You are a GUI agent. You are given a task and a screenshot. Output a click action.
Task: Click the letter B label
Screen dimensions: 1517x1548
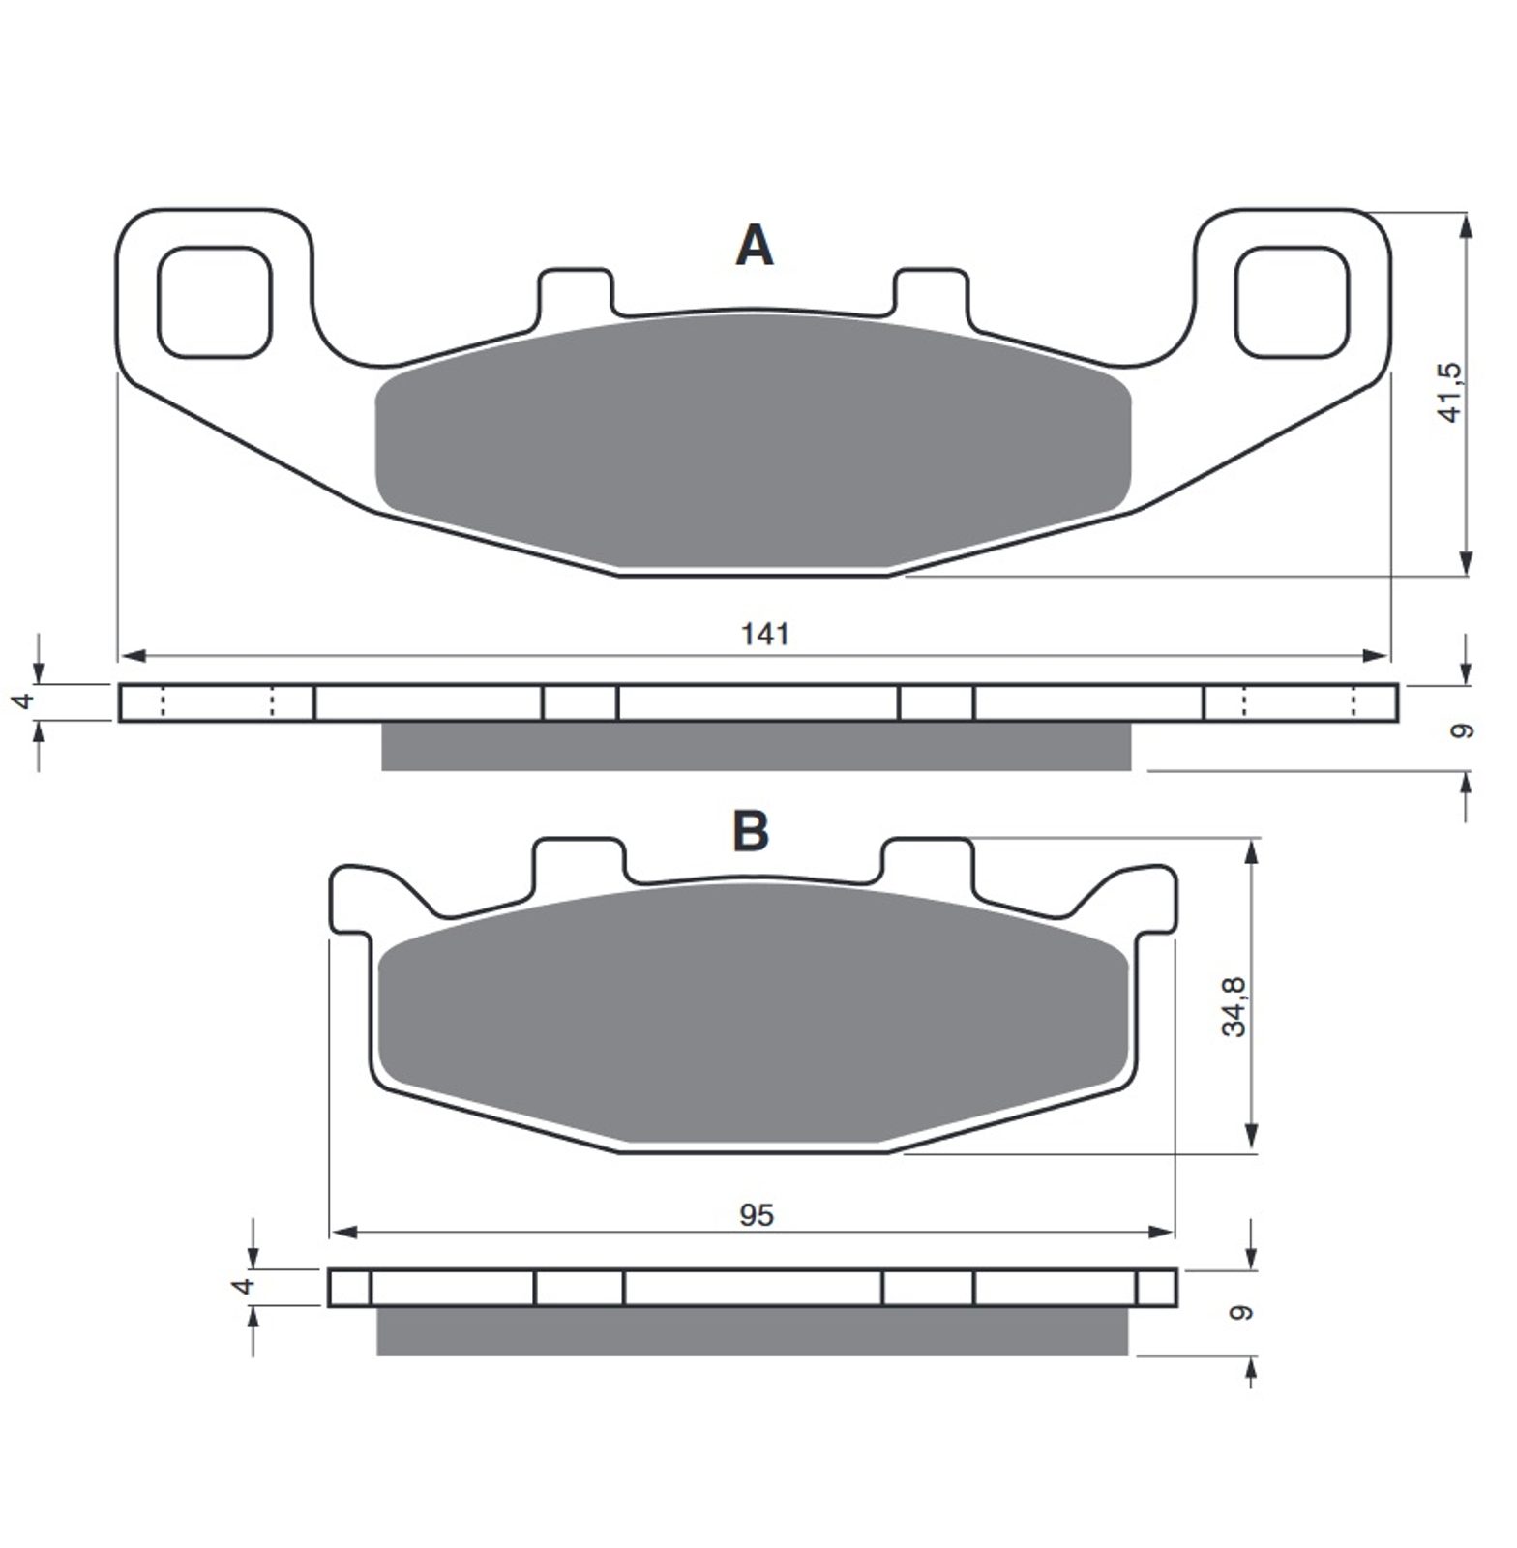coord(751,829)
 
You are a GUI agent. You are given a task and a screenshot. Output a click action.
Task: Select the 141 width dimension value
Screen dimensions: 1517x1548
coord(765,634)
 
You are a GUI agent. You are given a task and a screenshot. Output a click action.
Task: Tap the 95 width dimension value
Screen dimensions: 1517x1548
coord(757,1214)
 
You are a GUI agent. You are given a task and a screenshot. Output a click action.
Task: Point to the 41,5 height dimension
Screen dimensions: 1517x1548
coord(1452,392)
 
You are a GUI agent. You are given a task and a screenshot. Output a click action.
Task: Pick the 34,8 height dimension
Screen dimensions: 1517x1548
coord(1234,1006)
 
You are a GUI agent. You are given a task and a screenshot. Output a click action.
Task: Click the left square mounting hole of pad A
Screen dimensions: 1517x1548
coord(215,302)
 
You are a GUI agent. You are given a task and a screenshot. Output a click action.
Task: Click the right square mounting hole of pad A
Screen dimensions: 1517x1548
coord(1292,302)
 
